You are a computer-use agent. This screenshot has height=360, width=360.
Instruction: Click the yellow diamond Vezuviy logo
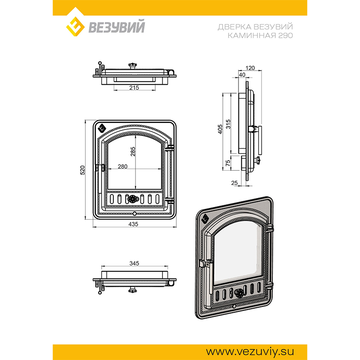(x=75, y=26)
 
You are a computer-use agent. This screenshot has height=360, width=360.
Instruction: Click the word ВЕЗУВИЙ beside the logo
(x=117, y=27)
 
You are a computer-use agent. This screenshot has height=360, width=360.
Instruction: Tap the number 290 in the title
(x=286, y=36)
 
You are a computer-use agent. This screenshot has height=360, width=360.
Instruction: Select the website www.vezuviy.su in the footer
(x=250, y=351)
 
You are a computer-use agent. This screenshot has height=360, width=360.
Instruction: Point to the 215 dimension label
(x=134, y=88)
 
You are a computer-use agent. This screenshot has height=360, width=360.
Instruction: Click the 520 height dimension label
(x=82, y=170)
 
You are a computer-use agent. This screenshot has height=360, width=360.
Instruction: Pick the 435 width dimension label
(x=133, y=224)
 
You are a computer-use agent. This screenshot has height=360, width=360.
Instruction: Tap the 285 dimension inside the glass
(x=133, y=152)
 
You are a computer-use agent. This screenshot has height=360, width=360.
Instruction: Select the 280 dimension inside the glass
(x=122, y=166)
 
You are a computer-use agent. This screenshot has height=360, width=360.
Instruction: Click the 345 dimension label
(x=134, y=263)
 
